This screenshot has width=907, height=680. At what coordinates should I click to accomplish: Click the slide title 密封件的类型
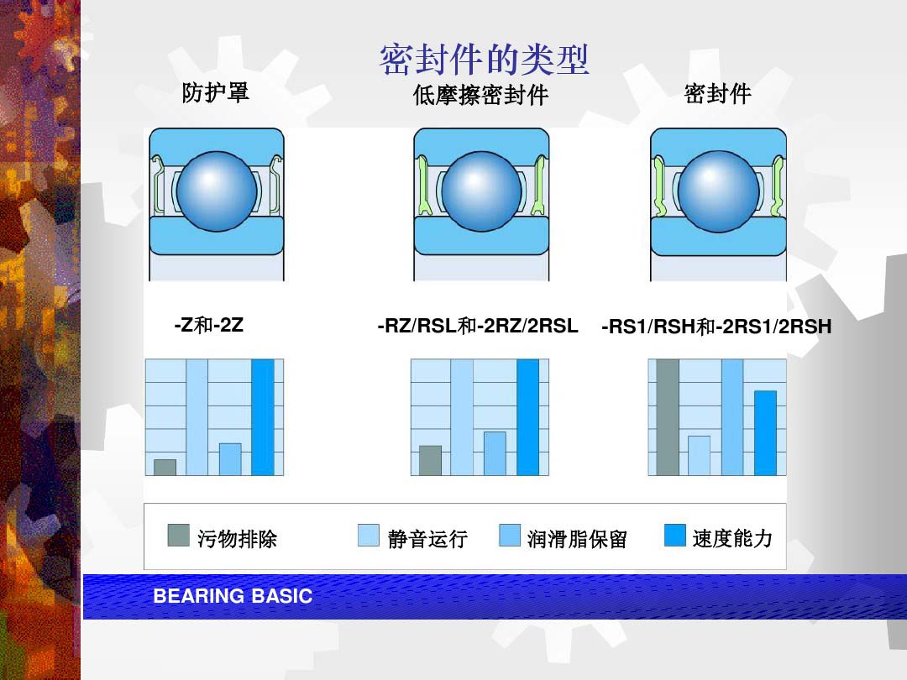pos(485,60)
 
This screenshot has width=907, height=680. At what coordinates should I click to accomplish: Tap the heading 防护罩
pos(215,92)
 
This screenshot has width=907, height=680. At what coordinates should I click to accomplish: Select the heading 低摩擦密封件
pos(480,95)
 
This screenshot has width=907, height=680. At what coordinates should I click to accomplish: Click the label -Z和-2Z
pos(209,325)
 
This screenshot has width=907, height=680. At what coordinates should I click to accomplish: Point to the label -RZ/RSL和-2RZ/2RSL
pos(478,326)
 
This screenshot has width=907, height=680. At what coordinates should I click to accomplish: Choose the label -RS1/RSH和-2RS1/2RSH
pos(716,327)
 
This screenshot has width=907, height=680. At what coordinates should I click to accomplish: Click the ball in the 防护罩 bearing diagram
pos(217,191)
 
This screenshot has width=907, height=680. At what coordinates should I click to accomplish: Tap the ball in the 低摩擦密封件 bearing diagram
pos(481,191)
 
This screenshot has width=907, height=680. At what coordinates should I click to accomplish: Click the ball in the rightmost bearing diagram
pos(718,191)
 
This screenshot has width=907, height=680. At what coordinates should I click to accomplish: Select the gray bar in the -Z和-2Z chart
pos(165,468)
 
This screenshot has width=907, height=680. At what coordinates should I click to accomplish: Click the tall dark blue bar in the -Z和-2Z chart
pos(263,417)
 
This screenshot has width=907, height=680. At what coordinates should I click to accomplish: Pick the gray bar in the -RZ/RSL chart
pos(430,460)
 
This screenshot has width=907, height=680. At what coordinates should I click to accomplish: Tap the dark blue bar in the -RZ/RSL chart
pos(527,417)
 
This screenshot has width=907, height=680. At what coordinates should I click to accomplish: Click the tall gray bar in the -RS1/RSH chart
pos(668,417)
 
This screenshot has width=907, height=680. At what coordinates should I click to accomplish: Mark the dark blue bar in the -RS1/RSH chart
pos(765,433)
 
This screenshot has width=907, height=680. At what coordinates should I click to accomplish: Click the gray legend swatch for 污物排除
pos(178,536)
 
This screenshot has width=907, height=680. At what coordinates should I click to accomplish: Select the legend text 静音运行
pos(427,539)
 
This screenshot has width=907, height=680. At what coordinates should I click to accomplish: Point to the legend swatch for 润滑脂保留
pos(510,536)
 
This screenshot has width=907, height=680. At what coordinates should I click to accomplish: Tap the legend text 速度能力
pos(732,538)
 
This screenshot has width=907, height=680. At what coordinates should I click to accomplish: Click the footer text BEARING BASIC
pos(233,596)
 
